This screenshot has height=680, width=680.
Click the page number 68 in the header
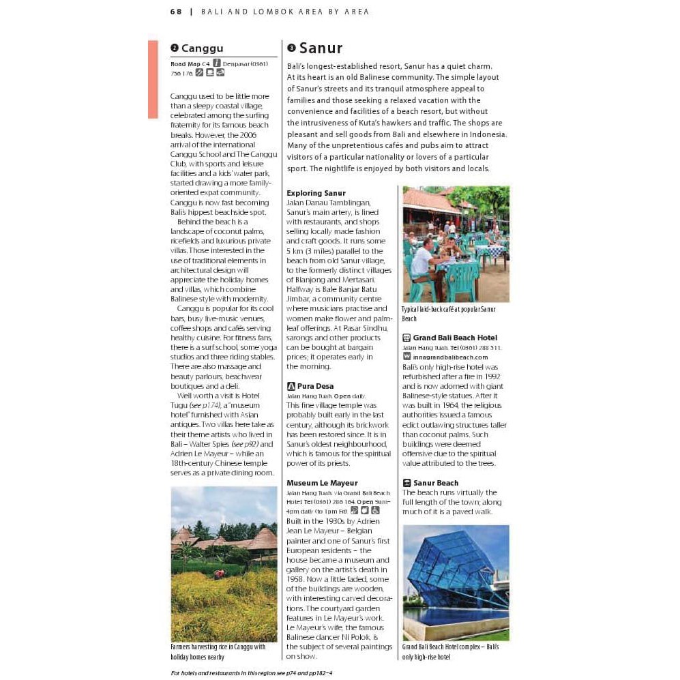(176, 12)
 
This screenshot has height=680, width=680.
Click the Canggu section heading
(202, 48)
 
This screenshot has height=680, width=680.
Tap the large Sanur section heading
(321, 48)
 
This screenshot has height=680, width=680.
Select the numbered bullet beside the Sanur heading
(291, 48)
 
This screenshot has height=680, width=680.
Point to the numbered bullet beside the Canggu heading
(175, 48)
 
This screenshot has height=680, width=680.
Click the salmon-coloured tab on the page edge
(153, 79)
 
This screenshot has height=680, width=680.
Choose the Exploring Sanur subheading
(316, 193)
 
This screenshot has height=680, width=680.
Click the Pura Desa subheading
(315, 386)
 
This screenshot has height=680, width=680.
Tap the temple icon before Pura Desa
(291, 386)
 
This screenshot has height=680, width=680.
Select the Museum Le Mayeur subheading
(322, 483)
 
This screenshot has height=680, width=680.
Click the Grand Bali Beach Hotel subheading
(455, 338)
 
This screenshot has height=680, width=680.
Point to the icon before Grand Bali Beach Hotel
(406, 338)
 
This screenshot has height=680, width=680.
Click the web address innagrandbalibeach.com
(450, 357)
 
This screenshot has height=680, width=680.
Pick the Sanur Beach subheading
(436, 483)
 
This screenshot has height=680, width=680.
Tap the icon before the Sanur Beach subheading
(406, 483)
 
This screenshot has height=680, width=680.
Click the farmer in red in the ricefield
(219, 574)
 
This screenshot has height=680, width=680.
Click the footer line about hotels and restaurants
(251, 672)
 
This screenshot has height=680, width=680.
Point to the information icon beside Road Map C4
(217, 63)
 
